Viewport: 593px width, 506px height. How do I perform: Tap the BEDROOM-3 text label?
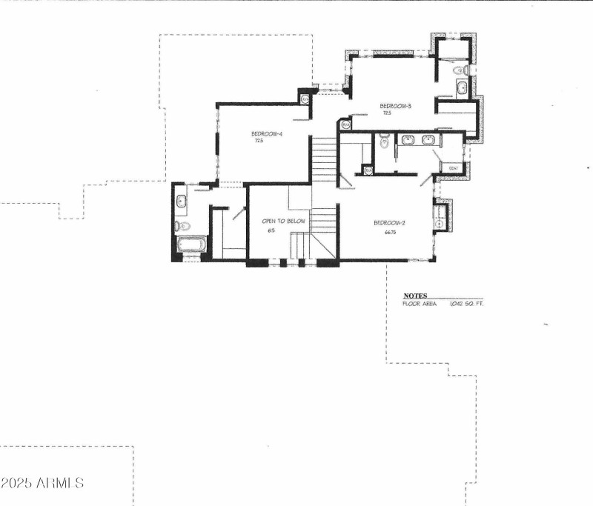click(395, 106)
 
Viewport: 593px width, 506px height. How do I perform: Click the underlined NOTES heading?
click(414, 296)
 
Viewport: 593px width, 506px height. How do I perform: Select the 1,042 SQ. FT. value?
click(466, 304)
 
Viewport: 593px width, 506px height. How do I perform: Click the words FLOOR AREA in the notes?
click(420, 304)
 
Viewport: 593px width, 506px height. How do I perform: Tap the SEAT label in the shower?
click(454, 168)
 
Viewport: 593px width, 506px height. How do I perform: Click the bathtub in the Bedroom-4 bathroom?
click(191, 244)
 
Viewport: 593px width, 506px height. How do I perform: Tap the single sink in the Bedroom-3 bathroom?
click(461, 88)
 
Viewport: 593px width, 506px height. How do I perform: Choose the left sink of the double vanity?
click(407, 139)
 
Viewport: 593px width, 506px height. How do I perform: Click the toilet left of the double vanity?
click(383, 141)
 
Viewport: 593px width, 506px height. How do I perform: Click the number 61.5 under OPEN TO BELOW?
click(272, 231)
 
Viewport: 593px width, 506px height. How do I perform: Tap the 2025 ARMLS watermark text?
click(42, 483)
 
